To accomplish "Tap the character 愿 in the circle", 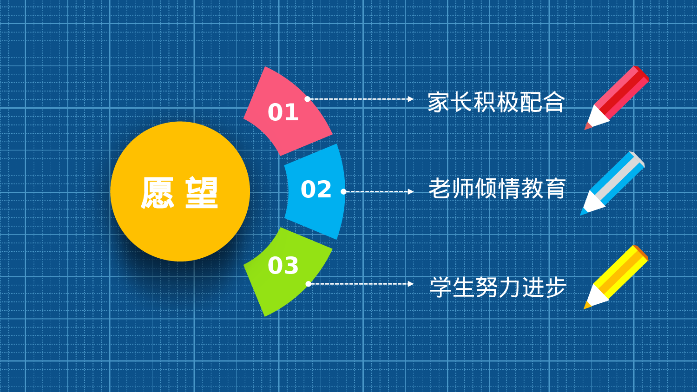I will (158, 193).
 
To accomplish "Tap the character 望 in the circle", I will (202, 193).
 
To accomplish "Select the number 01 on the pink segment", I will (283, 112).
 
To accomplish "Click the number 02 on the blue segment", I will (316, 189).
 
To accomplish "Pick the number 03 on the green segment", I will (283, 266).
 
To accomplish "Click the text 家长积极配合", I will (496, 103).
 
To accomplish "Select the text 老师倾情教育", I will (497, 189).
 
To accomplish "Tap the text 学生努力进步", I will (498, 287).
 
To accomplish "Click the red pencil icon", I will (618, 97).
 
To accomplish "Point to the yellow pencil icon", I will (617, 276).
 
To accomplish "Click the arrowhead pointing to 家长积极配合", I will (410, 99).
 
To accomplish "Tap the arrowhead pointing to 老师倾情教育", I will (410, 191).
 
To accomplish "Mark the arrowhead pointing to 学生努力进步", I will (410, 284).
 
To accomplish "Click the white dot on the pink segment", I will (307, 99).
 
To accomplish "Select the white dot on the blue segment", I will (343, 191).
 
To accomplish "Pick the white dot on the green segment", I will (308, 284).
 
